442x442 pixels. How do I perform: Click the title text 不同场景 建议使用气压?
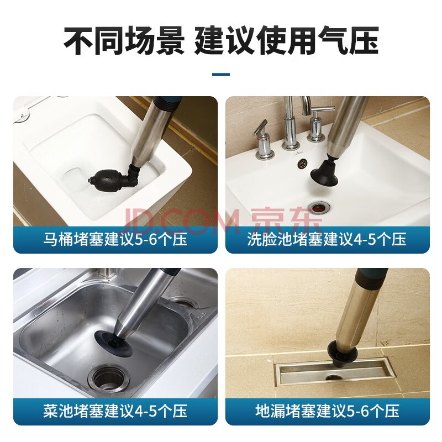pyautogui.click(x=221, y=40)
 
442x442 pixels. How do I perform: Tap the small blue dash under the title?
pyautogui.click(x=221, y=75)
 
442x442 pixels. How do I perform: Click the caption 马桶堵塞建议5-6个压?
pyautogui.click(x=115, y=240)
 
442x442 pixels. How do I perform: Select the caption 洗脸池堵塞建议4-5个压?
pyautogui.click(x=327, y=240)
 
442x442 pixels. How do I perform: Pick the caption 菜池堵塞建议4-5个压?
pyautogui.click(x=115, y=411)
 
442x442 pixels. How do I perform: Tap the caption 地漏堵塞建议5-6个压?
pyautogui.click(x=327, y=411)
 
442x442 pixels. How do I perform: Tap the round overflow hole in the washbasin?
pyautogui.click(x=303, y=163)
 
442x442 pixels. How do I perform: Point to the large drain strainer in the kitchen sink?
pyautogui.click(x=108, y=378)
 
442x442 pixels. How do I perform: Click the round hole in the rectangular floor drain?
pyautogui.click(x=334, y=377)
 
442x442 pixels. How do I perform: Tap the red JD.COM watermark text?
pyautogui.click(x=181, y=222)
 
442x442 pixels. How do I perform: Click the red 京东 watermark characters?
pyautogui.click(x=286, y=221)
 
